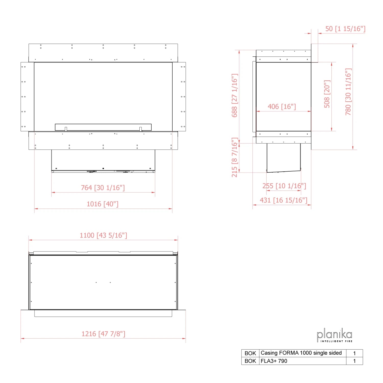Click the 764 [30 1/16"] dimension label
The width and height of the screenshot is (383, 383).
coord(103,188)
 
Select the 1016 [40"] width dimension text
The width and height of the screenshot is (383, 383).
coord(103,204)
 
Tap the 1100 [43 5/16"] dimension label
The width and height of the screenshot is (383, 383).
coord(103,235)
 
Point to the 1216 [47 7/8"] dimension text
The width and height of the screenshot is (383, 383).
coord(103,334)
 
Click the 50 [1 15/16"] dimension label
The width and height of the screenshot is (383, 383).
coord(345,29)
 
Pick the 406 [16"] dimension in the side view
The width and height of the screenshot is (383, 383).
coord(282,106)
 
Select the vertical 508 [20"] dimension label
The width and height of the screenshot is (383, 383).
coord(327,94)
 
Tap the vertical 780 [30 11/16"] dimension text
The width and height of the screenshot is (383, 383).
coord(348,92)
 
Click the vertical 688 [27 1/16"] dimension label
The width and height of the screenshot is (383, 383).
coord(235,95)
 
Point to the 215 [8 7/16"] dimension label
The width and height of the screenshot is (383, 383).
coord(235,157)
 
